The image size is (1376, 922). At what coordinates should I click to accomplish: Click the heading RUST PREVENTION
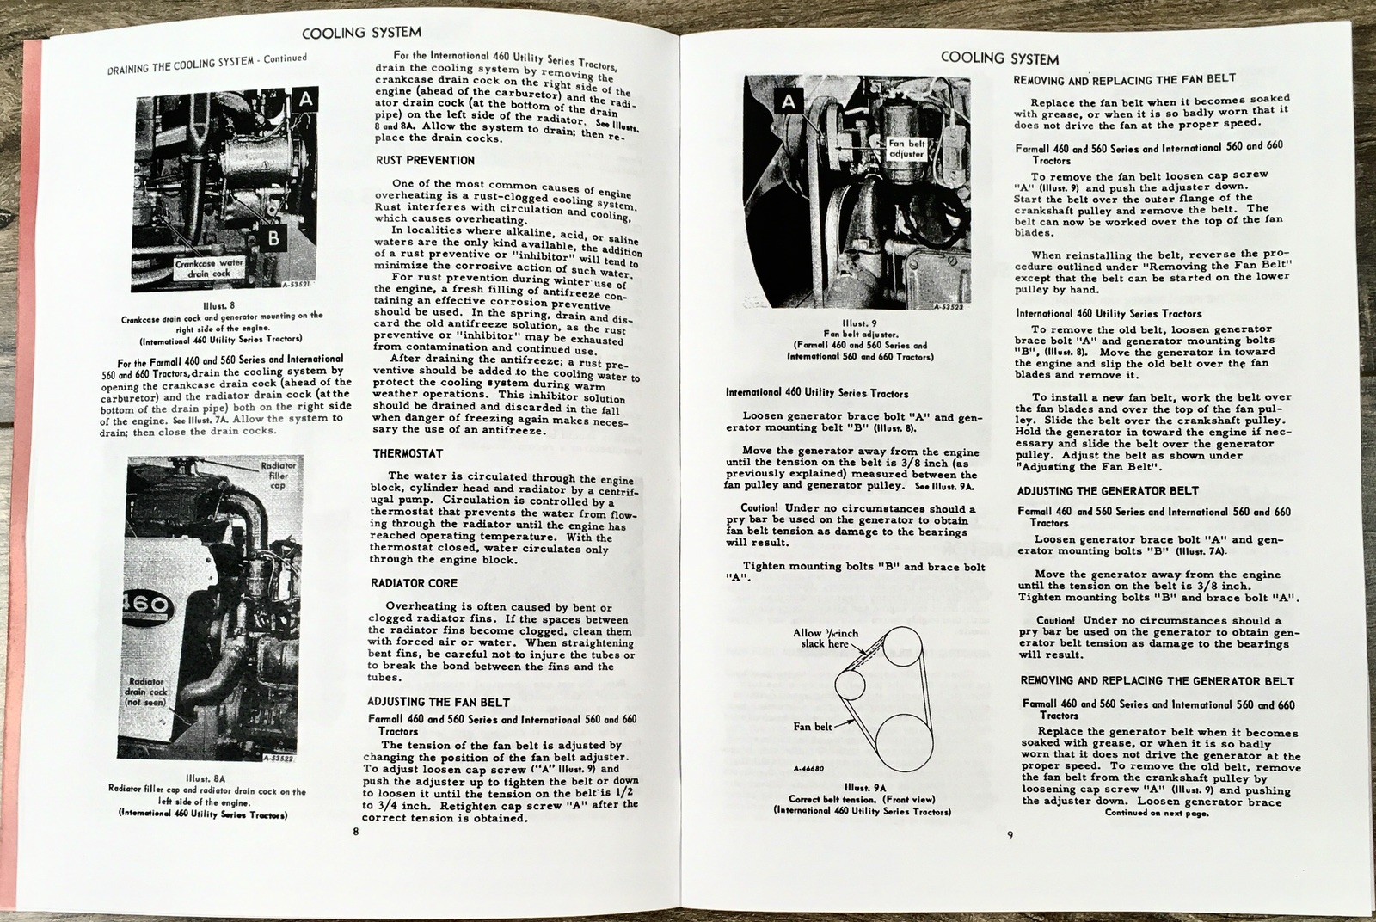pyautogui.click(x=425, y=160)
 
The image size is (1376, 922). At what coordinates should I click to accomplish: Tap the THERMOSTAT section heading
pyautogui.click(x=408, y=453)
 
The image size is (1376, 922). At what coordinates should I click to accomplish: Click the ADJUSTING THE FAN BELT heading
pyautogui.click(x=439, y=702)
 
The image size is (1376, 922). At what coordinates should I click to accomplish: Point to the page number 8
pyautogui.click(x=355, y=832)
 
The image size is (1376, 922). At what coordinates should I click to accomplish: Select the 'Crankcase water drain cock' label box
pyautogui.click(x=210, y=268)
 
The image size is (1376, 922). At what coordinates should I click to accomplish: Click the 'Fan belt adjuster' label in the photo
pyautogui.click(x=907, y=149)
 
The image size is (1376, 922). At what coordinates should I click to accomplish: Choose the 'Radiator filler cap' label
pyautogui.click(x=277, y=476)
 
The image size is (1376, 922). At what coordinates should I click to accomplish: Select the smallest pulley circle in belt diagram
pyautogui.click(x=851, y=685)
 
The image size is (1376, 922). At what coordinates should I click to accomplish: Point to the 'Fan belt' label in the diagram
pyautogui.click(x=813, y=727)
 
